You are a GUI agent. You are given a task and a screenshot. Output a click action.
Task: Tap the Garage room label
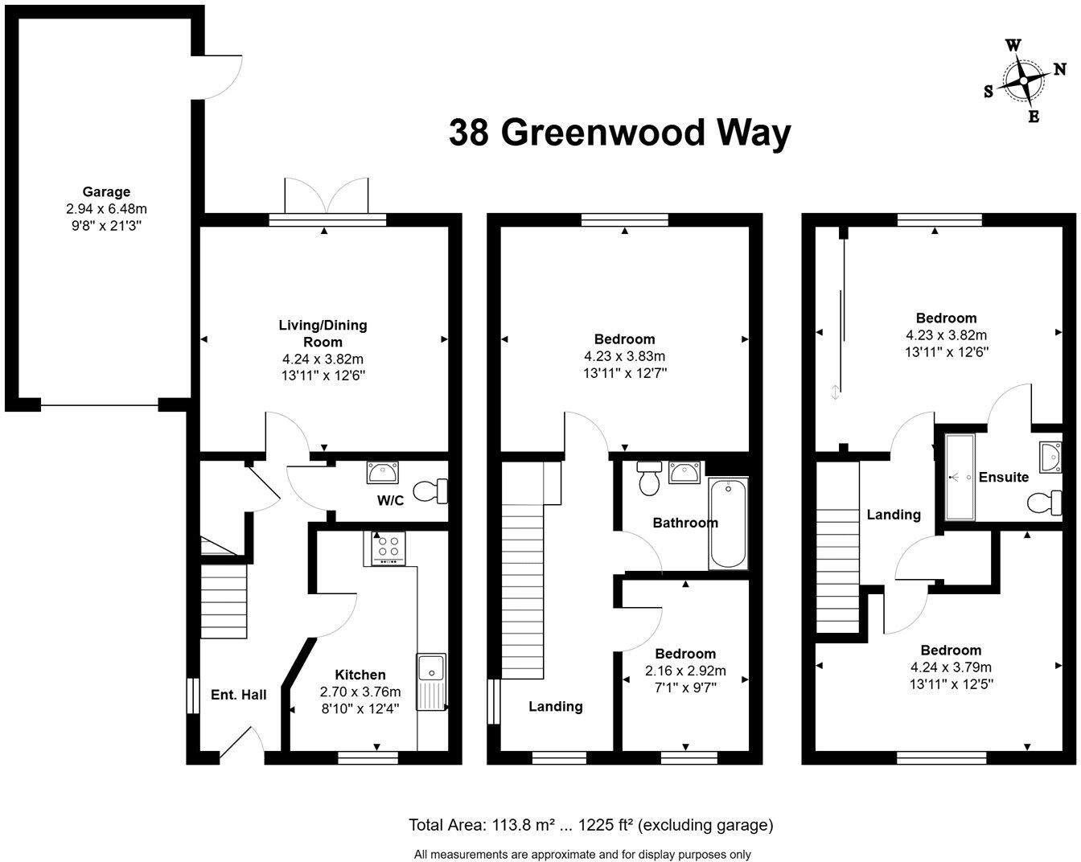pos(106,192)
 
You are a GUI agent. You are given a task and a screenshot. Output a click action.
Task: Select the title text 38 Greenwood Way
pos(619,133)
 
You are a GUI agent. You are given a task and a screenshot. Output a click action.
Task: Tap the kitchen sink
pos(431,669)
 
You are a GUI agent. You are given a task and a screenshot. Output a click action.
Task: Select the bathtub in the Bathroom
pos(729,523)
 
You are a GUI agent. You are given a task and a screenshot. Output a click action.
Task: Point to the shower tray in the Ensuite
pos(960,477)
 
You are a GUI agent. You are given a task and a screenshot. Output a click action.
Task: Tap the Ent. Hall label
pos(238,695)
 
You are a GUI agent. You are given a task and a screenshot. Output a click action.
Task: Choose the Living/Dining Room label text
pos(323,333)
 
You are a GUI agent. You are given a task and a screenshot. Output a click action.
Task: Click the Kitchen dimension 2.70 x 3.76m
pos(360,692)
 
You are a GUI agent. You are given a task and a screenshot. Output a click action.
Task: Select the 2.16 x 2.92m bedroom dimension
pos(685,671)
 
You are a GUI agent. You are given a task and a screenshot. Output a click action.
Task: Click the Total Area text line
pos(591,824)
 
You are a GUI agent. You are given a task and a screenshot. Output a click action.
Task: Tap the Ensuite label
pos(1003,477)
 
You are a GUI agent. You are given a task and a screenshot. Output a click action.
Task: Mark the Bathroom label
pos(685,523)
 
